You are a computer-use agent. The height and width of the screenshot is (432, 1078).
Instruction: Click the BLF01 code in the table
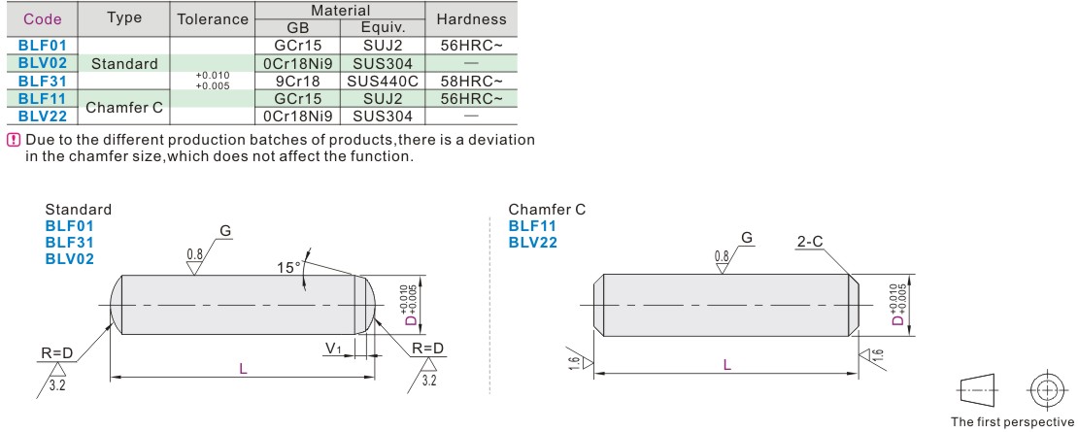click(x=41, y=46)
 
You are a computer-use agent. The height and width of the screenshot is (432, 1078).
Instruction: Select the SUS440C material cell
click(x=383, y=81)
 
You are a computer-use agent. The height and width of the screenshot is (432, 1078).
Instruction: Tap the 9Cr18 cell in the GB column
click(x=297, y=81)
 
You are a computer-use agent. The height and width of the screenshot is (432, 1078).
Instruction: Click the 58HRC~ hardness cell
click(x=471, y=81)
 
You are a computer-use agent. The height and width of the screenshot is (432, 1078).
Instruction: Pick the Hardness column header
click(x=471, y=19)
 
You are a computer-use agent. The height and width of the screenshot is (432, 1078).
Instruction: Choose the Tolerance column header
click(x=213, y=19)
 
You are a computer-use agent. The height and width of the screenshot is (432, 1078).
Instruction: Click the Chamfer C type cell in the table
click(x=124, y=107)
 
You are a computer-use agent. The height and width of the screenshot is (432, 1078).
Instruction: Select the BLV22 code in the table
click(x=41, y=116)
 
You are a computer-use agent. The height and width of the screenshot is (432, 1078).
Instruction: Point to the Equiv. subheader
click(x=383, y=28)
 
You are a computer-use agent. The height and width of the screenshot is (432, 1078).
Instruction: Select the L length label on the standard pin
click(x=243, y=368)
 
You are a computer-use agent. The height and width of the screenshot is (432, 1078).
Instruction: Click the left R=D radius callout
click(x=58, y=348)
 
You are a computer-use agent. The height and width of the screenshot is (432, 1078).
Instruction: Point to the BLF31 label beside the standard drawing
click(x=69, y=242)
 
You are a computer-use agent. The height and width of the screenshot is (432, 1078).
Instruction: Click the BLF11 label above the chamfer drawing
click(x=533, y=226)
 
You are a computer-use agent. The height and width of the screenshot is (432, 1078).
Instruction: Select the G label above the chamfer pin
click(x=747, y=238)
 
